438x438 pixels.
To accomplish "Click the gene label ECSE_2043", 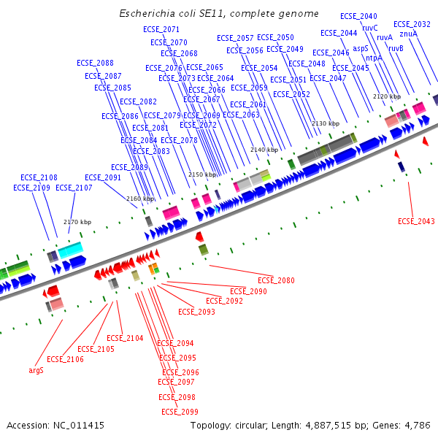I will [x=416, y=221].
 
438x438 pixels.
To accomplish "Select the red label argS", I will [x=36, y=370].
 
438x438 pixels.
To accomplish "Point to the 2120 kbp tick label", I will [x=387, y=96].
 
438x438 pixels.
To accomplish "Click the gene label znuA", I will [x=409, y=34].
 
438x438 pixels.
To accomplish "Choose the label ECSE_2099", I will [x=179, y=412].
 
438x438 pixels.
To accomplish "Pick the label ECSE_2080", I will [x=277, y=280].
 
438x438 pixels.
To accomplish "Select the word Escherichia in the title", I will [x=148, y=14].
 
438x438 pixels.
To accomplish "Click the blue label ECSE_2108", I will [x=39, y=177].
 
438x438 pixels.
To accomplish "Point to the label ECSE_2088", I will [x=95, y=64].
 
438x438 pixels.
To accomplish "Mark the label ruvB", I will [x=396, y=48].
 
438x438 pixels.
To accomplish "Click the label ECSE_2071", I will [x=161, y=29].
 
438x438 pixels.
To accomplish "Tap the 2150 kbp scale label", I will [x=202, y=175].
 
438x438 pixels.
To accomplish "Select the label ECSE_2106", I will [x=65, y=359].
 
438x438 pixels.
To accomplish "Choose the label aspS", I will [x=361, y=48].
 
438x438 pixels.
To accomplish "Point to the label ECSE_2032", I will [x=412, y=24].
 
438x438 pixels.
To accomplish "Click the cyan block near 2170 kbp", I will [x=70, y=250].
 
